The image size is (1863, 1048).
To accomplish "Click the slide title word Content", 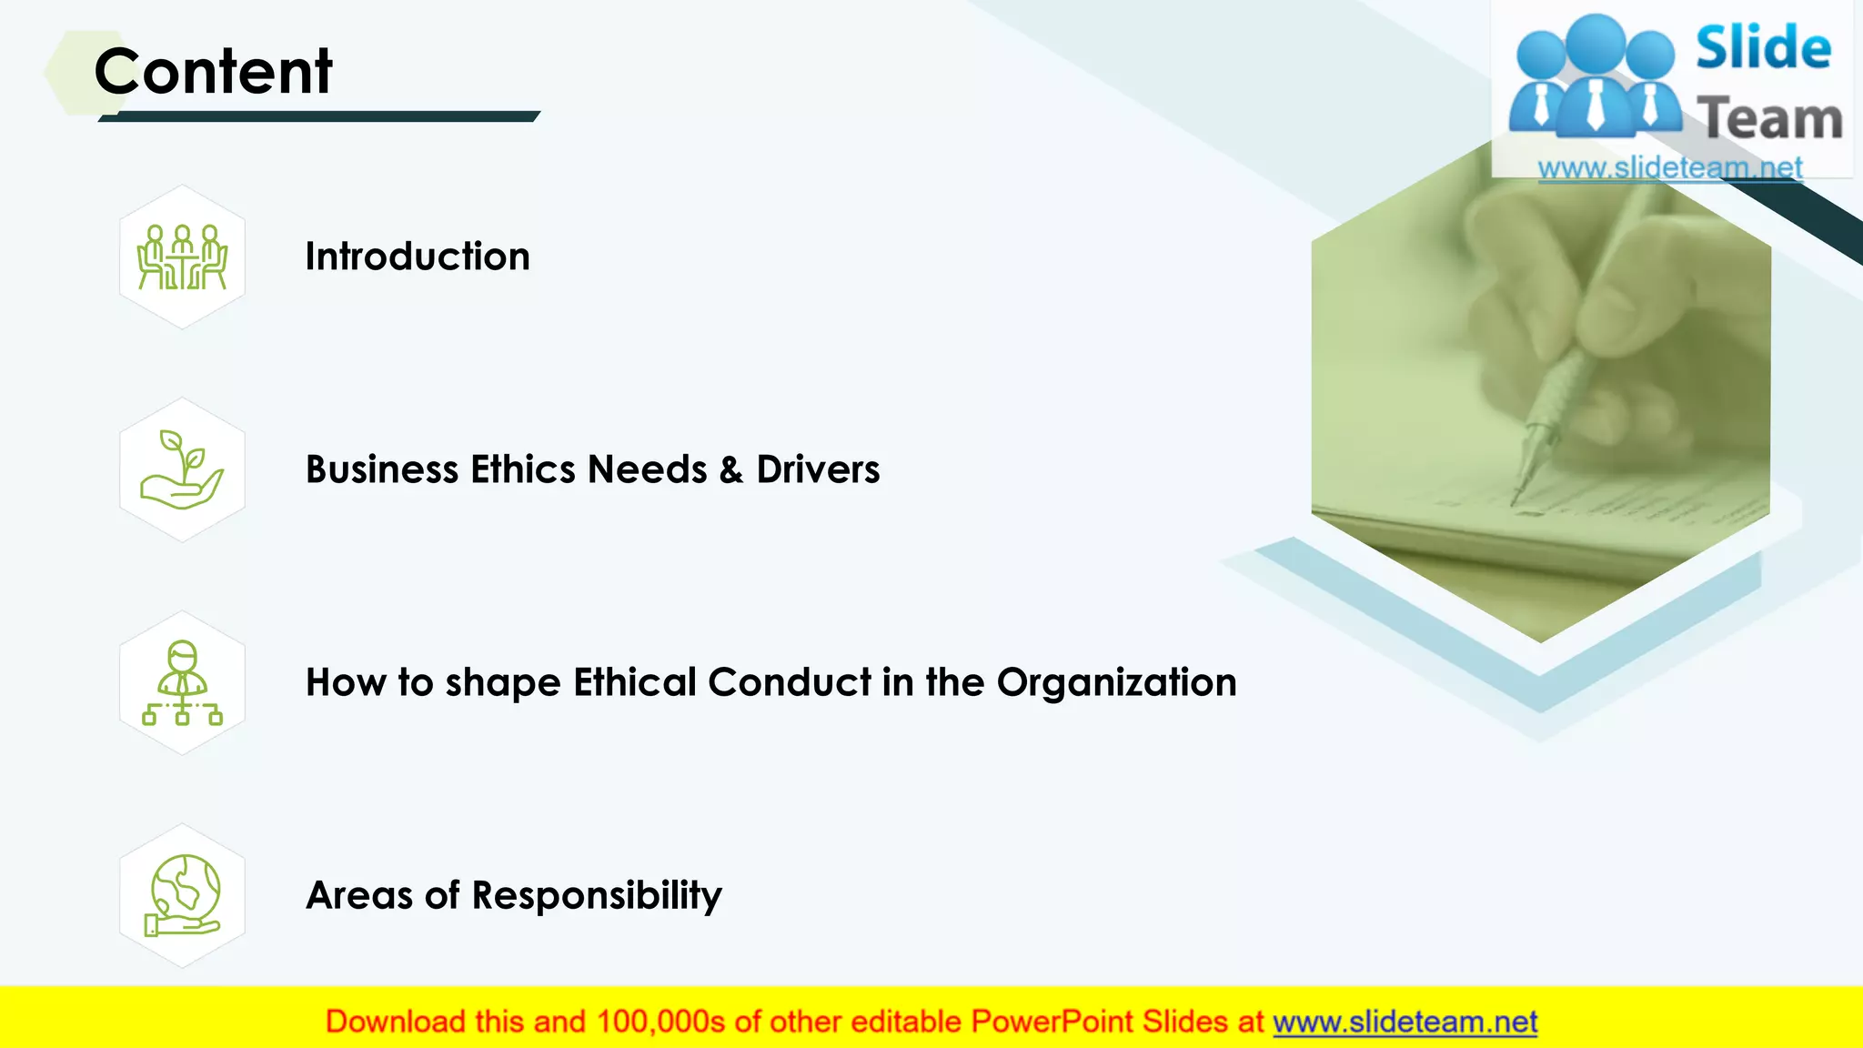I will (213, 72).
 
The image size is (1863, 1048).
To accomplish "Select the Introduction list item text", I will (418, 257).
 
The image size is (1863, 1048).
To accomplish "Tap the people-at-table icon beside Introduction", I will (182, 257).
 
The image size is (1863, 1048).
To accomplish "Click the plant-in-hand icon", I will (182, 470).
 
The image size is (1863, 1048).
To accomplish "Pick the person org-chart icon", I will (182, 683).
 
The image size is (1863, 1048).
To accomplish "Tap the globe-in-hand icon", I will (182, 896).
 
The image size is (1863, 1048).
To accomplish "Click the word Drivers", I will (818, 470).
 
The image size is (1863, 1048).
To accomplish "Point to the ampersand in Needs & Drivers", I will (730, 470).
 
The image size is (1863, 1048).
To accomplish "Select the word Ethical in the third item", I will (635, 682).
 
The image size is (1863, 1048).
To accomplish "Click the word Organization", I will (1116, 683).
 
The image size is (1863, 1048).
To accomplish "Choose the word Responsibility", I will (597, 896).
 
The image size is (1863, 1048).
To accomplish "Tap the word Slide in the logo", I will (1762, 48).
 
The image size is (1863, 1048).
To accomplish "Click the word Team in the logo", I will (1769, 119).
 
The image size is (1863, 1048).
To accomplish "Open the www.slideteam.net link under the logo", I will (1669, 168).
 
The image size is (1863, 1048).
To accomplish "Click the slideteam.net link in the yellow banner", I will (1405, 1023).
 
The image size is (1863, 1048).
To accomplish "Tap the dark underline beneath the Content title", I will (318, 116).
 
